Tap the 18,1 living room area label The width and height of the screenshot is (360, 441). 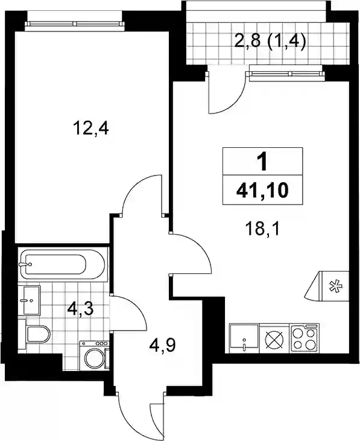tap(262, 229)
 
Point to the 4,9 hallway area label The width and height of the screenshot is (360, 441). tap(162, 346)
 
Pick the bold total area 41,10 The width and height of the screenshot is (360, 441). tap(262, 191)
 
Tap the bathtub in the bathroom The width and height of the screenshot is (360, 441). tap(62, 264)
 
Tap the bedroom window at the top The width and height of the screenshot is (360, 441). tap(75, 25)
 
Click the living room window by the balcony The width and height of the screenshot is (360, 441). tap(285, 74)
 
